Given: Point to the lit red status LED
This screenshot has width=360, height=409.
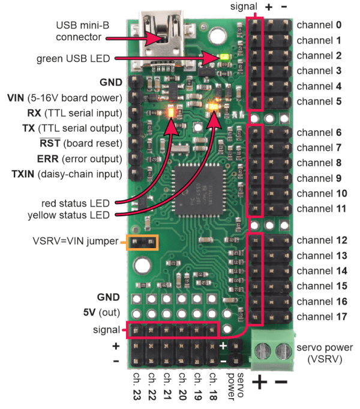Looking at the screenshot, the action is point(171,112).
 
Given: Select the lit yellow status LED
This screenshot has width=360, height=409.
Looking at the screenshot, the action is point(214,106).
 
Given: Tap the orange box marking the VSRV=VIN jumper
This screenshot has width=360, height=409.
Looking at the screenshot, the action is point(142,243).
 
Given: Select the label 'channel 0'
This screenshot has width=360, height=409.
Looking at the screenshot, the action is point(319,25).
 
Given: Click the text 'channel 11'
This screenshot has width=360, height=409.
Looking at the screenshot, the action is point(322,208).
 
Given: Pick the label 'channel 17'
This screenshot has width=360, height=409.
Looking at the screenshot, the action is point(322,317).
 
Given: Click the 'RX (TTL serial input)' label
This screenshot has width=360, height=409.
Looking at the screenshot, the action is point(74,113).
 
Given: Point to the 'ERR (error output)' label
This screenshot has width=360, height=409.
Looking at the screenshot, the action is point(80,159).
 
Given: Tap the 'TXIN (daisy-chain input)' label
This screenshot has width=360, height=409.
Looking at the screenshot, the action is point(67,174).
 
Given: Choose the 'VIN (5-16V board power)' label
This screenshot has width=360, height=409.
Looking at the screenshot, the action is point(65,98).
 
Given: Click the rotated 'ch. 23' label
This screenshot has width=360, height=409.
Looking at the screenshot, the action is point(137,386).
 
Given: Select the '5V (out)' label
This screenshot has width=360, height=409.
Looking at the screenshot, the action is point(101,312).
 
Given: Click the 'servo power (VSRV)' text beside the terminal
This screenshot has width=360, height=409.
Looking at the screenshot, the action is point(325,353).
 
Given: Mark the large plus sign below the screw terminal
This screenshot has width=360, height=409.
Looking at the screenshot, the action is point(260,382).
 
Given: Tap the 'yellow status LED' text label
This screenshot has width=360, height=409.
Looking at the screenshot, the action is point(69,215).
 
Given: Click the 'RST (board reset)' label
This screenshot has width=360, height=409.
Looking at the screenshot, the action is point(81,144).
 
